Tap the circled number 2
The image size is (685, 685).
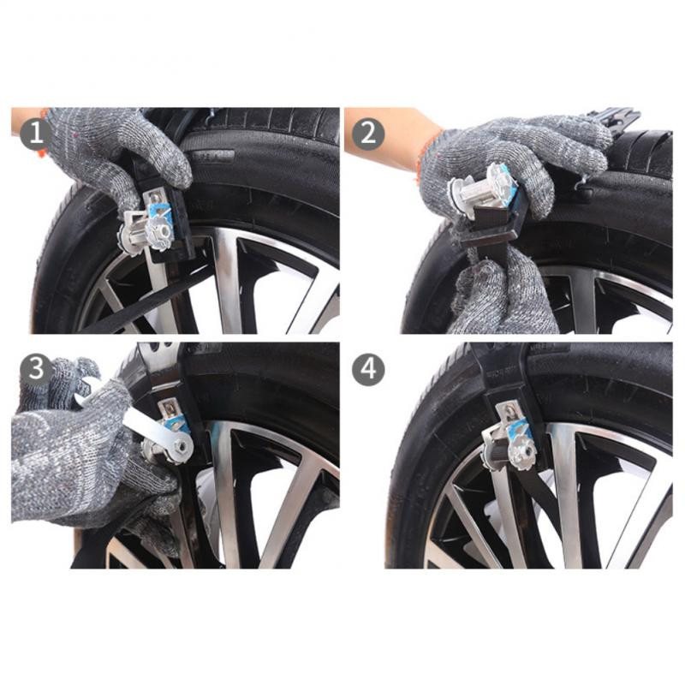[367, 134]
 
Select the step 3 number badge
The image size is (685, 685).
[33, 368]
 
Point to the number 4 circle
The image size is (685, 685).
[367, 369]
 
